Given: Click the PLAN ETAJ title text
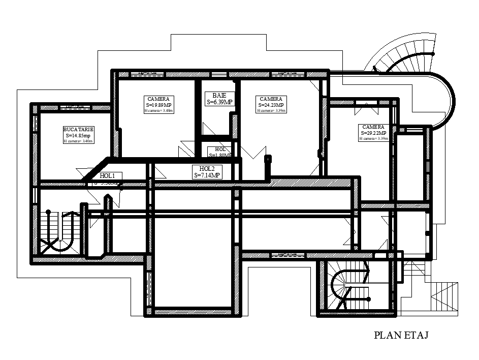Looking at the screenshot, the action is pyautogui.click(x=402, y=335).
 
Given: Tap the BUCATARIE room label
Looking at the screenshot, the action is pyautogui.click(x=78, y=130).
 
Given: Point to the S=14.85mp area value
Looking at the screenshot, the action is pyautogui.click(x=78, y=136).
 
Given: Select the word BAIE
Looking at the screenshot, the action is pyautogui.click(x=219, y=95).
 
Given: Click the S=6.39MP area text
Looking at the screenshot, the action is pyautogui.click(x=219, y=102).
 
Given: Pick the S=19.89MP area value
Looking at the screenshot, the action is pyautogui.click(x=159, y=105).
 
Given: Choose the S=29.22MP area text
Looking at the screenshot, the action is pyautogui.click(x=373, y=133).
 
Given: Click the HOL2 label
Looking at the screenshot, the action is pyautogui.click(x=207, y=169).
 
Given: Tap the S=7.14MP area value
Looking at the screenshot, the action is pyautogui.click(x=207, y=175).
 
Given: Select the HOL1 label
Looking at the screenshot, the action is pyautogui.click(x=107, y=175).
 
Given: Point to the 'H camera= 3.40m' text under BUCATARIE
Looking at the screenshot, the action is pyautogui.click(x=78, y=141).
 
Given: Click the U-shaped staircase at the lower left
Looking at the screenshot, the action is pyautogui.click(x=59, y=231).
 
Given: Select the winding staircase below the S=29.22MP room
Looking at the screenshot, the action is pyautogui.click(x=348, y=287).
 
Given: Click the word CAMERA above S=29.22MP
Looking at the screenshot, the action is pyautogui.click(x=373, y=127).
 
